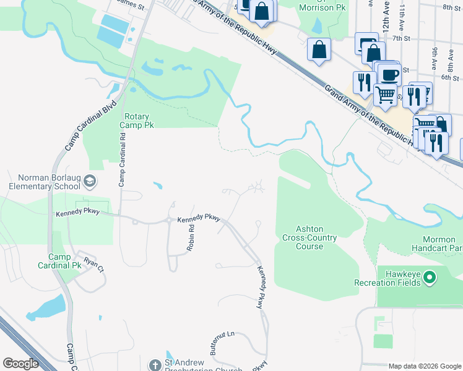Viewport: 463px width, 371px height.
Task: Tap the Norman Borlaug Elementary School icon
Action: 90,181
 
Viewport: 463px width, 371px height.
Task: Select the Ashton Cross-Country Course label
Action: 309,237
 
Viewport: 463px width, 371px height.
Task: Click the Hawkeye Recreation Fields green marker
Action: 430,276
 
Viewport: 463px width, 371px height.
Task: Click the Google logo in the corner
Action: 20,364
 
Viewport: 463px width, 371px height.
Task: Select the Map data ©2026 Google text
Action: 425,366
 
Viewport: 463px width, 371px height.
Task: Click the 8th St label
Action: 452,7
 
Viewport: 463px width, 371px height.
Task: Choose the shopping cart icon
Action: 385,94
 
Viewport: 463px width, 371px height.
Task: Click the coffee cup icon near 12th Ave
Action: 389,75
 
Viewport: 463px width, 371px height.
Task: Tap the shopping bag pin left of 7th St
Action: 319,51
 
